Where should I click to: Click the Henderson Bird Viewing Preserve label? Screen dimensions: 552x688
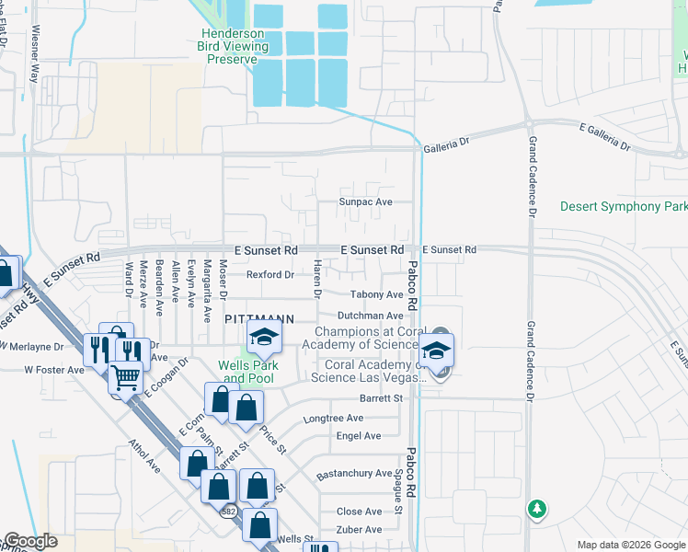234,46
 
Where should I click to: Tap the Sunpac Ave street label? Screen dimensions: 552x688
365,201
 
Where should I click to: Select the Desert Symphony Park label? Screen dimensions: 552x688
624,206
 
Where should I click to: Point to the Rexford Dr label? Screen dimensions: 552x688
269,274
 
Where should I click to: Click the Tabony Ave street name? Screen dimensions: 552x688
376,294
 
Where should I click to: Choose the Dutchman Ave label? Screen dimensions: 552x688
370,315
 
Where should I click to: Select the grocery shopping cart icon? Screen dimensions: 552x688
126,378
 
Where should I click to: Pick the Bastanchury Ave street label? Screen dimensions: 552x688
354,473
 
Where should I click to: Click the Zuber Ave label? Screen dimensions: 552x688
359,529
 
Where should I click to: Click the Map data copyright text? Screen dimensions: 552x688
630,545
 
